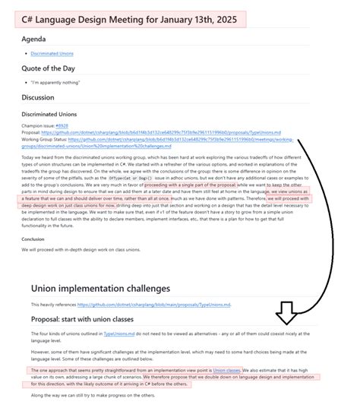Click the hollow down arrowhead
(288, 312)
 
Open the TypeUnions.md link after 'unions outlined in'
(120, 334)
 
